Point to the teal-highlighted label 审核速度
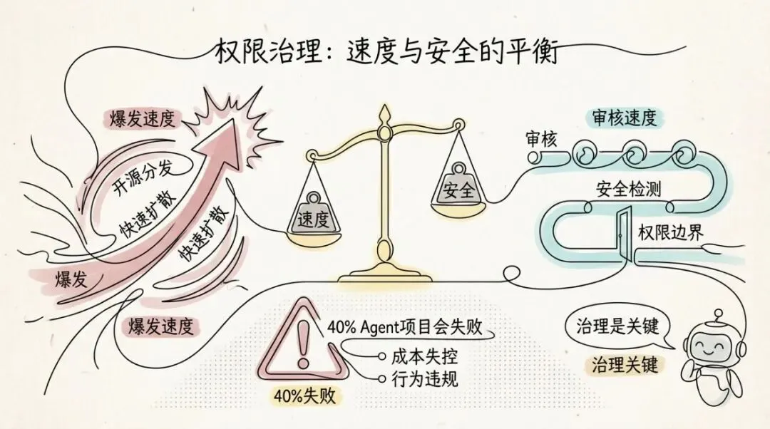pos(624,118)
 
